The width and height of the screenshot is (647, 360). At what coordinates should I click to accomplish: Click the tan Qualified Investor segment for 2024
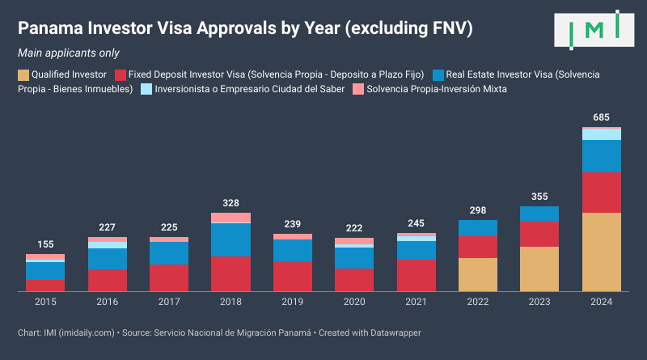point(602,252)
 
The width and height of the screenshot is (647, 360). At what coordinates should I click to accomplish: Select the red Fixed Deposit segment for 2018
point(230,273)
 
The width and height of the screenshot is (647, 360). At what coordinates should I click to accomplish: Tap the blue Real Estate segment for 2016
point(108,259)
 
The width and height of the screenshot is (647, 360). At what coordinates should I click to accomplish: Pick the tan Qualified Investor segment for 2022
point(478,274)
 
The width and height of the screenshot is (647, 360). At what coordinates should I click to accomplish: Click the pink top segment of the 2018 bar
point(230,218)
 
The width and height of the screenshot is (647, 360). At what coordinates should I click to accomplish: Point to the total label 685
point(602,117)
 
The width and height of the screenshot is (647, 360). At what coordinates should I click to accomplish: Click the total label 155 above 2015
point(45,244)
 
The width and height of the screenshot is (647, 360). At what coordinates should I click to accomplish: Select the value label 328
point(230,203)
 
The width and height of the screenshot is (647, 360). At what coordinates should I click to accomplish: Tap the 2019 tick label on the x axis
point(292,302)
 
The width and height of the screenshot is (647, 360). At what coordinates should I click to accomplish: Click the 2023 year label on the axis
point(539,302)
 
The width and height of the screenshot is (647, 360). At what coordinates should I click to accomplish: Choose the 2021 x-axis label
point(416,302)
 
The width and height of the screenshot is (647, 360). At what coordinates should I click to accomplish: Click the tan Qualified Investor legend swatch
point(23,74)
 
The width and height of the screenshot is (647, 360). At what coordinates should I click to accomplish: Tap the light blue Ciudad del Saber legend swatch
point(146,89)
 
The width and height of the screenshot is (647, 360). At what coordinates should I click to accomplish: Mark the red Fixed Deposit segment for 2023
point(539,234)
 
